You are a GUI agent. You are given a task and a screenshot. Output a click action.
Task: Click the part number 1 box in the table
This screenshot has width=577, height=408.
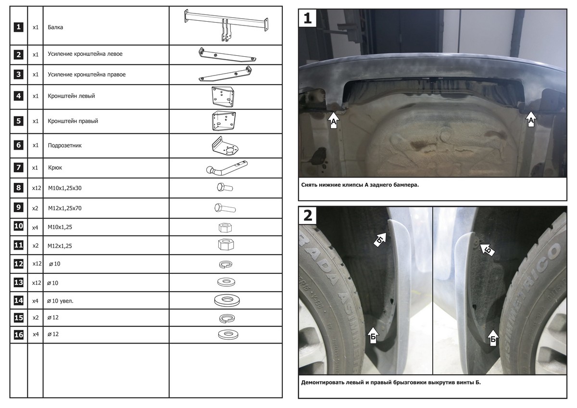pos(18,27)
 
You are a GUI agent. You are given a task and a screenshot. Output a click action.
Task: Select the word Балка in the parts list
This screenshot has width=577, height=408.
pos(56,27)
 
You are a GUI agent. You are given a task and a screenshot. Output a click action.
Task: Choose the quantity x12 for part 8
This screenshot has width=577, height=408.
pos(36,188)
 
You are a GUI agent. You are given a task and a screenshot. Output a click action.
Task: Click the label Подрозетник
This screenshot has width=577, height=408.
pos(65,145)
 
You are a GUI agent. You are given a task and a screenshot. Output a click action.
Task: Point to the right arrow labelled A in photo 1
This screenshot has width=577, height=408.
pos(530,119)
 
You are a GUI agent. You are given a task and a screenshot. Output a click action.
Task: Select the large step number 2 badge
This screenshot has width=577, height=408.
pos(308,215)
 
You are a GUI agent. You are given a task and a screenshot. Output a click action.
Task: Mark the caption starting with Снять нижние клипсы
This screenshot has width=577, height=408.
pos(359,184)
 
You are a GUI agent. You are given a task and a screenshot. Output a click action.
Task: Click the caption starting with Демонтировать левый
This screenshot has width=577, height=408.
pos(390,383)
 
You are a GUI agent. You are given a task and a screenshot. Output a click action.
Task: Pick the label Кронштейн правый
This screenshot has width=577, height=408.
pos(73,121)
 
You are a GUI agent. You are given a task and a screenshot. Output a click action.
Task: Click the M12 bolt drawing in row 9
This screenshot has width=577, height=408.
pos(224,208)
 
